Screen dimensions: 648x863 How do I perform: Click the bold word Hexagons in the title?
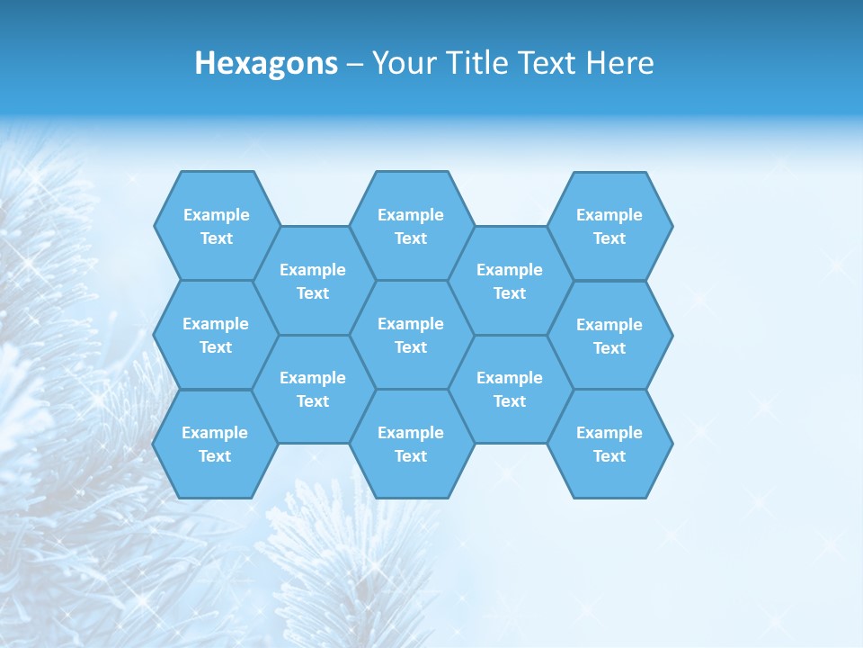tap(266, 63)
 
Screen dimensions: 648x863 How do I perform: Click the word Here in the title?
tap(620, 63)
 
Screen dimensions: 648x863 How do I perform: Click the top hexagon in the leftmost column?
tap(216, 226)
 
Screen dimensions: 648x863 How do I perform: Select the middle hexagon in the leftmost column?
tap(216, 335)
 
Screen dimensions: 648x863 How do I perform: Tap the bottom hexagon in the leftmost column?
tap(215, 444)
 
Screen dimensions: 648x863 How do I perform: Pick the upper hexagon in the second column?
tap(313, 281)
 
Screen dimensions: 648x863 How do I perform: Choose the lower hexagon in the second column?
tap(313, 389)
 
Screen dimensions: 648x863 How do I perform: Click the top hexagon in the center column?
tap(411, 226)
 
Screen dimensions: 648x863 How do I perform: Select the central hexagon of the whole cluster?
tap(411, 335)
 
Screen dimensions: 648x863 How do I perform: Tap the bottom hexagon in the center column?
tap(411, 444)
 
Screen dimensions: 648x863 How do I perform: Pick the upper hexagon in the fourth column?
tap(510, 281)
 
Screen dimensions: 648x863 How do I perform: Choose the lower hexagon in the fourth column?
tap(510, 389)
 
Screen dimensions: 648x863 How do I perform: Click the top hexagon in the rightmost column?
tap(609, 226)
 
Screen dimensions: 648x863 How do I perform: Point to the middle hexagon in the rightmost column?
tap(609, 336)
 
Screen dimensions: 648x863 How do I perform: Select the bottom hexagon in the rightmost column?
tap(609, 444)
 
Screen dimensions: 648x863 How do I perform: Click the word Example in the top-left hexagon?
tap(216, 214)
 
